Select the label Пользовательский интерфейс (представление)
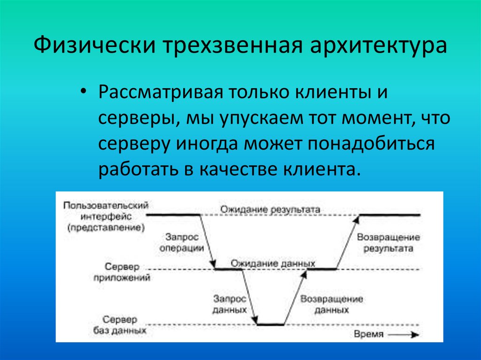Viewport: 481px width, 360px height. [x=106, y=216]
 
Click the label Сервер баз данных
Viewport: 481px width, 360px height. [x=121, y=325]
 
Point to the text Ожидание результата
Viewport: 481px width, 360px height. [x=271, y=209]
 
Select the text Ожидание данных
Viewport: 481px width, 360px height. [x=272, y=263]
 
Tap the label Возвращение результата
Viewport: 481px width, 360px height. [x=388, y=243]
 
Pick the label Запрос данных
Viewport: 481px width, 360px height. [x=229, y=304]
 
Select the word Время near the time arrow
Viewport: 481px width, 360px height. [x=369, y=335]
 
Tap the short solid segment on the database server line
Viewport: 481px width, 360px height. [x=271, y=324]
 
